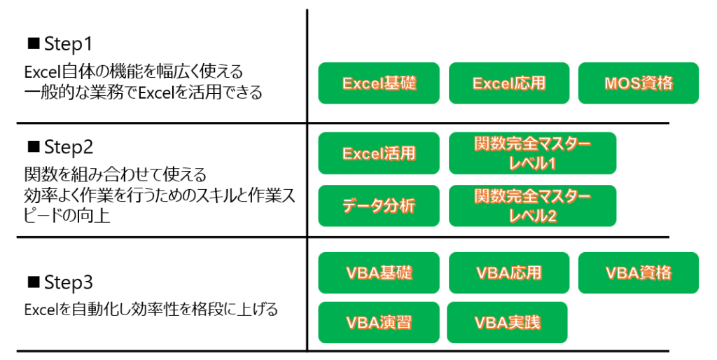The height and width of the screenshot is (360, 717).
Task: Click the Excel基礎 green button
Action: [x=379, y=83]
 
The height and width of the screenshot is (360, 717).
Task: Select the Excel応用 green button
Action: [x=509, y=83]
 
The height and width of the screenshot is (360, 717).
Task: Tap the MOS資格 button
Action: [x=639, y=83]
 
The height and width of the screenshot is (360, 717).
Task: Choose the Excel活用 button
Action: [x=379, y=153]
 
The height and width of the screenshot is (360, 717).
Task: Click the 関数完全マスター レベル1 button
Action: [x=532, y=153]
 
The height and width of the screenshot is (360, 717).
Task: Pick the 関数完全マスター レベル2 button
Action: [x=532, y=206]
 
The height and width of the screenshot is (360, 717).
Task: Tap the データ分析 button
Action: [x=379, y=206]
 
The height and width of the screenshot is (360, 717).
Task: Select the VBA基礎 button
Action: [x=379, y=272]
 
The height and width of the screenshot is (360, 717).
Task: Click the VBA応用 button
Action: [x=509, y=272]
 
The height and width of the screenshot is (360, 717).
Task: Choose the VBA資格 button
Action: [x=639, y=272]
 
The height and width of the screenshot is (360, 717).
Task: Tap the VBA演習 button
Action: [x=379, y=322]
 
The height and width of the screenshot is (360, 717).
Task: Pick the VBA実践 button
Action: [x=507, y=322]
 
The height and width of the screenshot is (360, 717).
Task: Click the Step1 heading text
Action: [x=69, y=44]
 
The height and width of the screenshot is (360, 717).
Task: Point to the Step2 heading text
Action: [x=69, y=147]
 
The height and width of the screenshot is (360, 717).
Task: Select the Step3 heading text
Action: [x=69, y=283]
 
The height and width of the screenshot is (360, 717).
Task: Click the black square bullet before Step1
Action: [x=34, y=43]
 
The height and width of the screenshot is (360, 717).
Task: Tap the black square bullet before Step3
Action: [x=34, y=282]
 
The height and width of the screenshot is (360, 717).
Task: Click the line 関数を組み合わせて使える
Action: [x=116, y=174]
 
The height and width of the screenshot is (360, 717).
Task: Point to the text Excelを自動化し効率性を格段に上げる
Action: [x=151, y=310]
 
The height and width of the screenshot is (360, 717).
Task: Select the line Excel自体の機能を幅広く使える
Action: [x=134, y=72]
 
